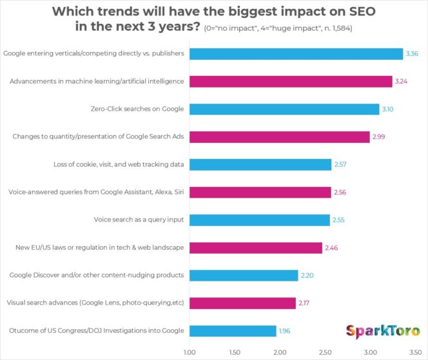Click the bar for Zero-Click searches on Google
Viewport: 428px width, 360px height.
284,109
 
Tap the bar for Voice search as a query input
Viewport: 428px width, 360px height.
259,220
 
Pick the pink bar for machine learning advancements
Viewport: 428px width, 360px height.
291,81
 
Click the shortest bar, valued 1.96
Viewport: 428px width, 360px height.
233,331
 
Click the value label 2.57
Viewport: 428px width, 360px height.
341,164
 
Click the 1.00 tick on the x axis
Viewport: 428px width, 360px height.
190,352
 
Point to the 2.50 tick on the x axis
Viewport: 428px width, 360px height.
324,352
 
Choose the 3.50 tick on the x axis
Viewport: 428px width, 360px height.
414,352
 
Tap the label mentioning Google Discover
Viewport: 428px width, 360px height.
97,275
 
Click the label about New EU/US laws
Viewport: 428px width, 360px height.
99,247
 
